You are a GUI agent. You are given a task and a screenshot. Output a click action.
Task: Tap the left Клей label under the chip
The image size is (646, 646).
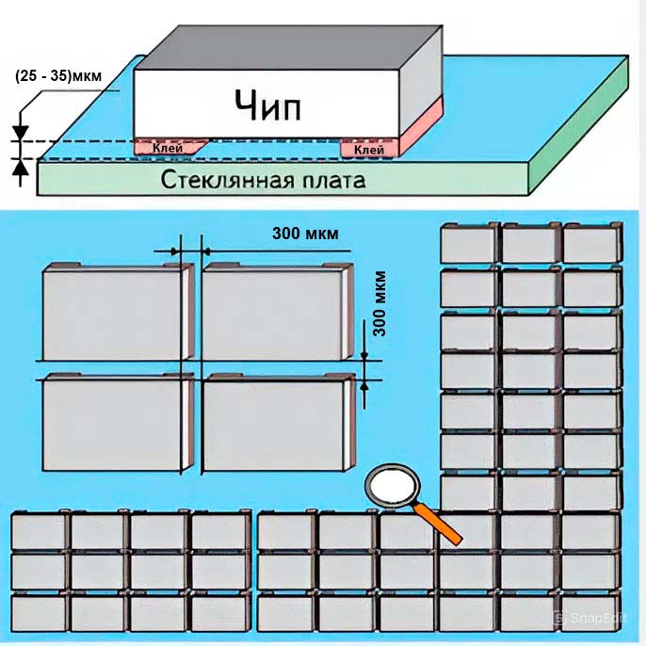click(168, 148)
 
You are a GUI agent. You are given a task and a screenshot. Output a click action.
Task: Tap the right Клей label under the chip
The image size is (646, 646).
click(369, 150)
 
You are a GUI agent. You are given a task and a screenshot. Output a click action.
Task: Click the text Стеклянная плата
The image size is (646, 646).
click(263, 180)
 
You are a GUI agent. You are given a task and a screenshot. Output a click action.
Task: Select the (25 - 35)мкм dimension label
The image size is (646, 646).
click(58, 76)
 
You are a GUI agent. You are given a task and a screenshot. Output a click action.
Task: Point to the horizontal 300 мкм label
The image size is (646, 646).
click(305, 234)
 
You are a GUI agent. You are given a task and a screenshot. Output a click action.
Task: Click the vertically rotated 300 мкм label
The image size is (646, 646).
click(380, 303)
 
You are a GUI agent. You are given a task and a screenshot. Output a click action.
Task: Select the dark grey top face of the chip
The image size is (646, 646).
click(289, 47)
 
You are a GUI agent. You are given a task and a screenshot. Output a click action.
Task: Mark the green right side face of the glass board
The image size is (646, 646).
click(579, 125)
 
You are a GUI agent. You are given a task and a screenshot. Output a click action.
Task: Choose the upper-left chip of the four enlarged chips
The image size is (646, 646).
click(118, 312)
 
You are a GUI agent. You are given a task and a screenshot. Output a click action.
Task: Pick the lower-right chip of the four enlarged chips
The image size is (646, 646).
click(279, 422)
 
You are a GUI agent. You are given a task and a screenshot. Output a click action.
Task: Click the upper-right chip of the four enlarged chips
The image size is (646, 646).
click(277, 312)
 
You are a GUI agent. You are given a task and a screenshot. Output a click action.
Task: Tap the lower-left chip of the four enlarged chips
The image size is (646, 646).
click(118, 422)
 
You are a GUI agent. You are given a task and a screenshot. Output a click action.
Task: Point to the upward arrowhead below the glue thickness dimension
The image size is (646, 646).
click(20, 167)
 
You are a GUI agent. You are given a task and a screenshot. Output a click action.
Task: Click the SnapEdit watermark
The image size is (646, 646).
click(590, 618)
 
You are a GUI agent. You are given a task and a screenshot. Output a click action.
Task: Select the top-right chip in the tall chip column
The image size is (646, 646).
click(592, 243)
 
